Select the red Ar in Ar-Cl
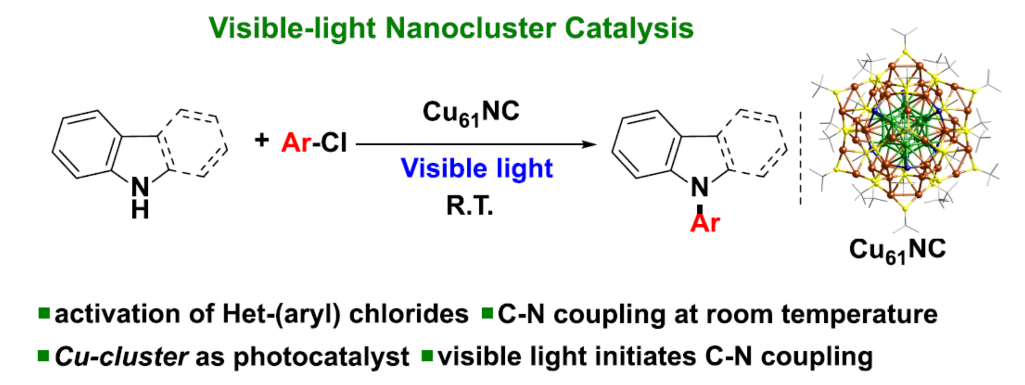tap(296, 143)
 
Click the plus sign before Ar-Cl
tap(262, 140)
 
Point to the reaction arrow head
tap(590, 145)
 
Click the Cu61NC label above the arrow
tap(470, 113)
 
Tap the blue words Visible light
tap(477, 169)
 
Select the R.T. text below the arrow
tap(470, 206)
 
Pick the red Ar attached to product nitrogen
tap(705, 223)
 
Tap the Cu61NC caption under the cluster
tap(897, 250)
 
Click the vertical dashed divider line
tap(801, 158)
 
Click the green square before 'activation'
tap(44, 313)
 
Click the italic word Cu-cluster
tap(121, 357)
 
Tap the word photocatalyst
tap(321, 357)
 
